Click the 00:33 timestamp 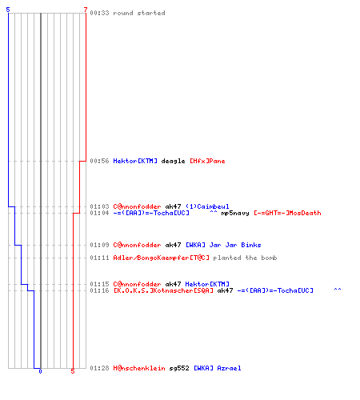pos(99,13)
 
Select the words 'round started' pos(139,13)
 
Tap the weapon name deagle pos(173,161)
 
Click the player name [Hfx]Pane pos(207,161)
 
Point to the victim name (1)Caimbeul pos(207,206)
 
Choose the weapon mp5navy pos(235,213)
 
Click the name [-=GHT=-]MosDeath pos(287,213)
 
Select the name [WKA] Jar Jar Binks pos(223,245)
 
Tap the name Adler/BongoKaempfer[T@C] pos(162,258)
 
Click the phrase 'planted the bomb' pos(245,258)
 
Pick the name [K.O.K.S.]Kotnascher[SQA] pos(163,290)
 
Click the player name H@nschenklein pos(139,368)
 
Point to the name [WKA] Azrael pos(218,368)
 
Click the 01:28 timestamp pos(99,368)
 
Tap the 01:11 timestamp pos(99,258)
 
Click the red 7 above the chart pos(86,10)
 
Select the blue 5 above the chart pos(8,10)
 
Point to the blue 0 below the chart pos(40,371)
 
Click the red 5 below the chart pos(73,371)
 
